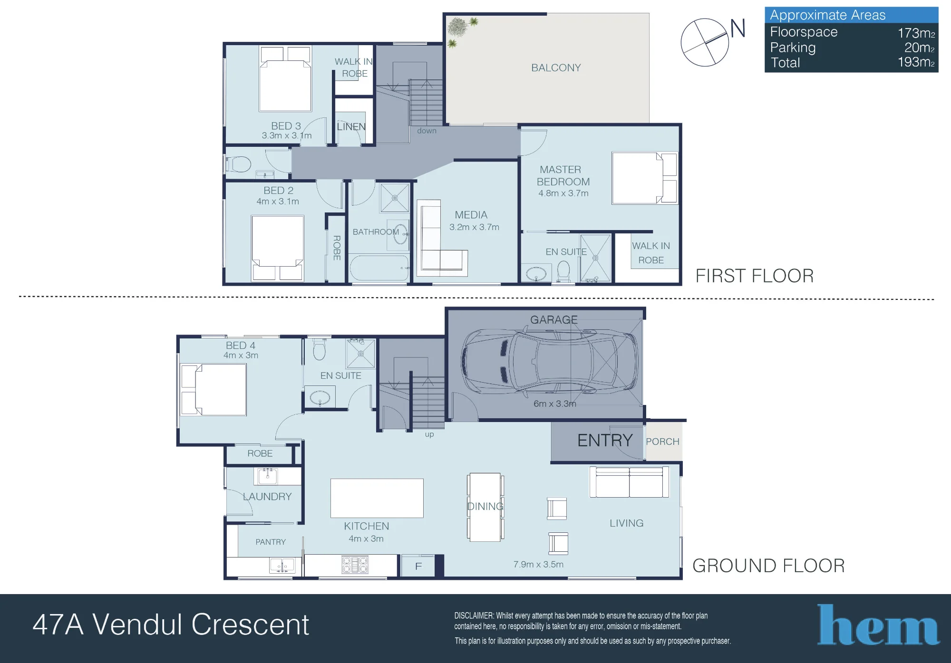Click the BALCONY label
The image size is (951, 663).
(x=556, y=67)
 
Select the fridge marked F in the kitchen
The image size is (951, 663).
(x=418, y=566)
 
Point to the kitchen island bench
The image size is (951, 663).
(x=377, y=498)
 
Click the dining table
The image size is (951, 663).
(x=485, y=507)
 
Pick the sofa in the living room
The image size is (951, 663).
(x=629, y=482)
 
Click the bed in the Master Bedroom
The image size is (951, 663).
(x=645, y=178)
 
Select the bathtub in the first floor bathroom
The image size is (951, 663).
(x=379, y=269)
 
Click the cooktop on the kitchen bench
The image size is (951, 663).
(x=355, y=565)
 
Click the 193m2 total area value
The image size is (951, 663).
(x=916, y=62)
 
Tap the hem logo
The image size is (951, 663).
(x=878, y=625)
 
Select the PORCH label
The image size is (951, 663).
(x=662, y=442)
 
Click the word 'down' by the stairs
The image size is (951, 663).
(x=427, y=131)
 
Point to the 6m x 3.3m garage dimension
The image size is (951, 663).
(x=555, y=404)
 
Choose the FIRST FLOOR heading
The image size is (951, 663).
(x=755, y=276)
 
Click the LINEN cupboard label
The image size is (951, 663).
(x=351, y=127)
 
